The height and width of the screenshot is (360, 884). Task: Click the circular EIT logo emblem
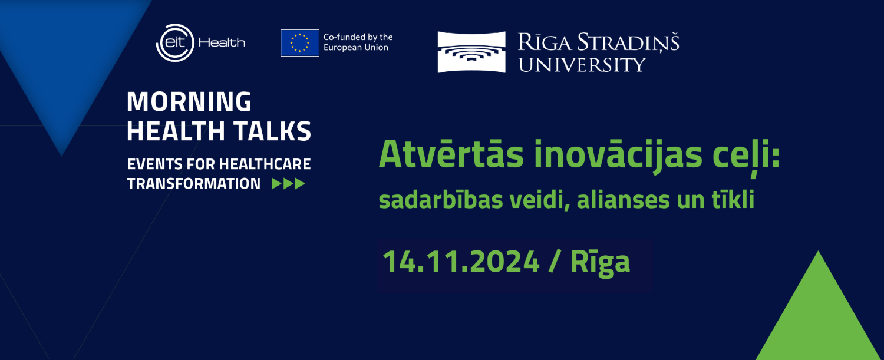(x=175, y=42)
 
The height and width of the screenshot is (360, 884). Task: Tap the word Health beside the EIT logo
(x=222, y=42)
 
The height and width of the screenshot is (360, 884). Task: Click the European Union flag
(x=300, y=43)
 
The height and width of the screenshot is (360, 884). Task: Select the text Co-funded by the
(x=358, y=37)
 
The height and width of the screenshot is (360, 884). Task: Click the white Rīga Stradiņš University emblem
(x=471, y=52)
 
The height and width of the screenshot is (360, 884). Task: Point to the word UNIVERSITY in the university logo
(x=582, y=65)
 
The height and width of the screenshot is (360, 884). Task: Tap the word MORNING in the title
(x=189, y=101)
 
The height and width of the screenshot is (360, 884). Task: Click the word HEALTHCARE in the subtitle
(x=265, y=164)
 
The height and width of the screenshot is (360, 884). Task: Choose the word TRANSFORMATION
(x=194, y=184)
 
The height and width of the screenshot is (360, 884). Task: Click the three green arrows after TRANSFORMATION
(x=289, y=184)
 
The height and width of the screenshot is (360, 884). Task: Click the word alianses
(x=624, y=200)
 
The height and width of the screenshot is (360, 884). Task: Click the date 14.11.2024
(x=461, y=262)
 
